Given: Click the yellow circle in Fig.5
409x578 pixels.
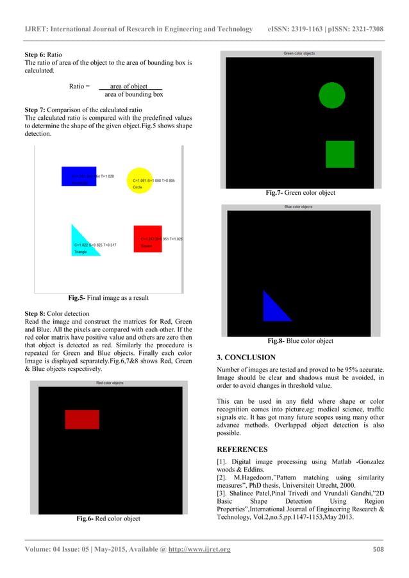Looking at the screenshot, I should pyautogui.click(x=137, y=178).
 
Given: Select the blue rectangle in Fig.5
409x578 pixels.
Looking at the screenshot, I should pyautogui.click(x=78, y=176).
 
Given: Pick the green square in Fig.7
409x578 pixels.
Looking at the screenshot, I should pyautogui.click(x=340, y=154).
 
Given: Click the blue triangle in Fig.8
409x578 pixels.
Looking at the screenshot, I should pyautogui.click(x=276, y=308).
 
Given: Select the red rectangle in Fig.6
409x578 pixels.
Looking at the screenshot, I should pyautogui.click(x=82, y=419).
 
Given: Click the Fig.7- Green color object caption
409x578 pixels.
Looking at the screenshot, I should pyautogui.click(x=300, y=192).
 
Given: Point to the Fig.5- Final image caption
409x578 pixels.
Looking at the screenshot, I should pyautogui.click(x=108, y=297).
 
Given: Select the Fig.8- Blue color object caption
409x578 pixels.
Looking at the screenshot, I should pyautogui.click(x=300, y=341).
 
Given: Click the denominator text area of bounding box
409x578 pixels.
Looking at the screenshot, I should pyautogui.click(x=133, y=94).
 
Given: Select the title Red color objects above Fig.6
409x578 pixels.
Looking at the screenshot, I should pyautogui.click(x=110, y=383).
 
